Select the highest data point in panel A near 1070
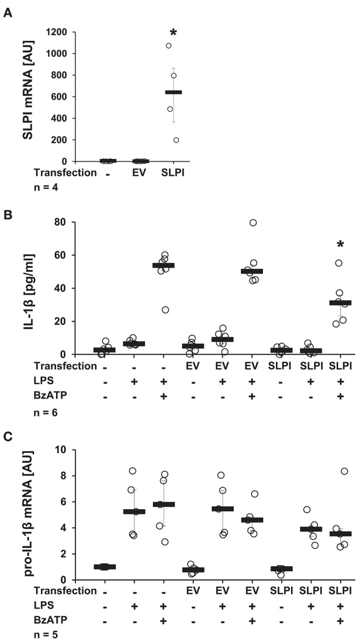(169, 46)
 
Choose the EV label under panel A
(140, 173)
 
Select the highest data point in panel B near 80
(253, 223)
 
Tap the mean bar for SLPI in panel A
(174, 92)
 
